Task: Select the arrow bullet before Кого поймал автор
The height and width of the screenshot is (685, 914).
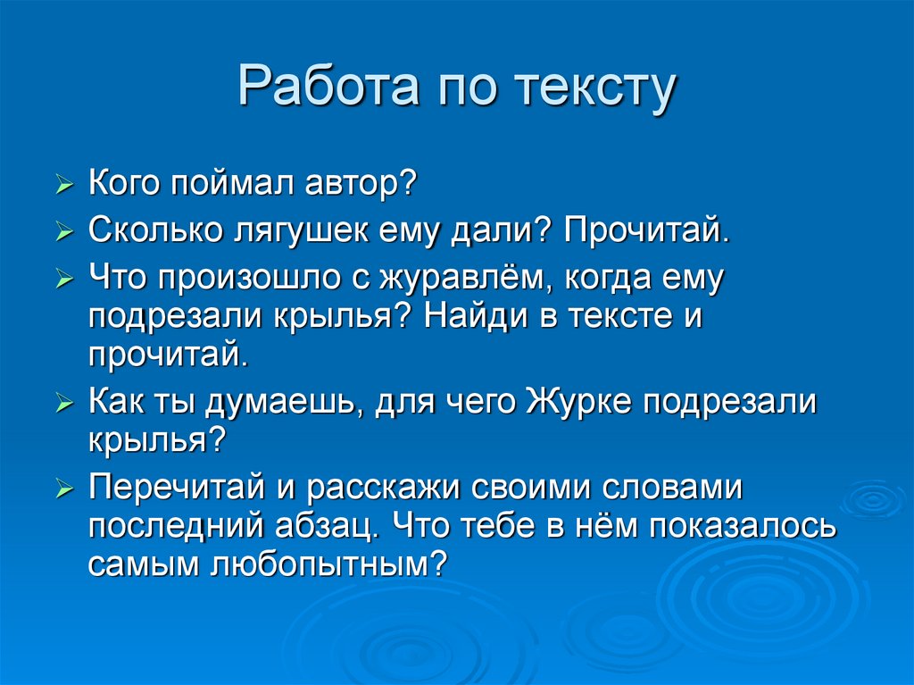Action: click(63, 187)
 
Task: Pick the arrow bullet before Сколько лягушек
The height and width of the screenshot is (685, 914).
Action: click(63, 233)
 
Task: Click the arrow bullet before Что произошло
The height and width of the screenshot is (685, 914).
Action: click(63, 280)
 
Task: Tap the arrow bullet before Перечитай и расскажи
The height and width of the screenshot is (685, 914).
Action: click(63, 489)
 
